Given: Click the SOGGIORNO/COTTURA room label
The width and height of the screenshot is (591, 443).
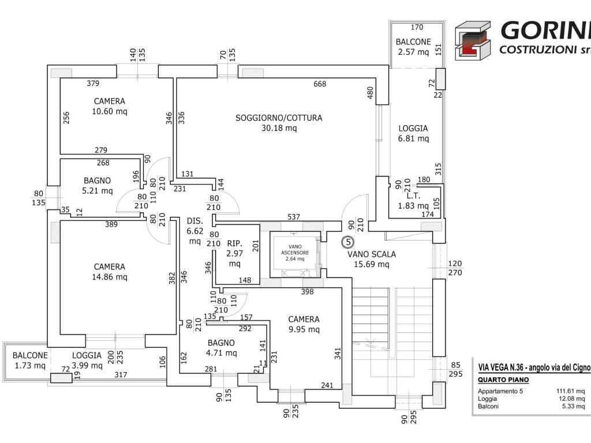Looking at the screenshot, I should point(279,118).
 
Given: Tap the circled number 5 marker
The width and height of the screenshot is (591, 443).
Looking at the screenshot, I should point(347,242).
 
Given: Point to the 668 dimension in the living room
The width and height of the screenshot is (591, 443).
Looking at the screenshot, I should point(320,84).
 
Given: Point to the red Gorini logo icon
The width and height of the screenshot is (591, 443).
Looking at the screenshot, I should point(473,40).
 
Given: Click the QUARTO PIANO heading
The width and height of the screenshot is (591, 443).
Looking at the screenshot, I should point(498,380).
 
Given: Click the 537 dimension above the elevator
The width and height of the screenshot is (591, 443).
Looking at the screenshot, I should point(294,217).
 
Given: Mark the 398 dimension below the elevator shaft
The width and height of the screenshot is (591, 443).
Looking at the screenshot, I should point(307,292).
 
